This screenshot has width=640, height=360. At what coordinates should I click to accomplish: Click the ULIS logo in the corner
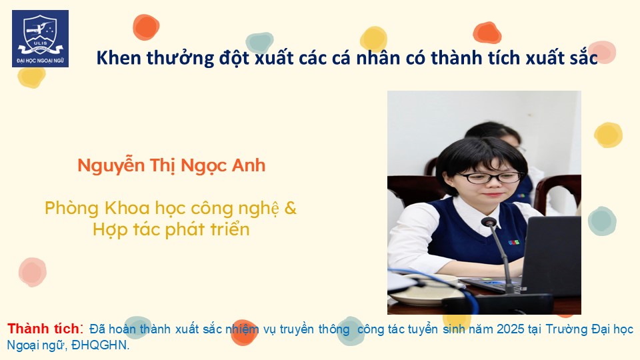coord(41,39)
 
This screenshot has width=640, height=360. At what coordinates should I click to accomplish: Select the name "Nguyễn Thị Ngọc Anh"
coord(171,166)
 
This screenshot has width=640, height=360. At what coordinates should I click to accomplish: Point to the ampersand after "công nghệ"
coord(290,208)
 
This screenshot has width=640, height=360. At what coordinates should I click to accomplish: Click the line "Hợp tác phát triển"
coord(171,230)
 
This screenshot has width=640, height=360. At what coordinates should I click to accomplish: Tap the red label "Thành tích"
coord(44,329)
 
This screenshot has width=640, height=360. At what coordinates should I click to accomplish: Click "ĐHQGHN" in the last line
coord(100,345)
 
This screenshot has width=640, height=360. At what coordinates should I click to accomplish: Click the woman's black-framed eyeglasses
coord(490,177)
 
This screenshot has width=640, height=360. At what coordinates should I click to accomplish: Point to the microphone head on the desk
coord(489,223)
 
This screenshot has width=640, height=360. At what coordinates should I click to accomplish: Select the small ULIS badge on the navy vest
coord(514,243)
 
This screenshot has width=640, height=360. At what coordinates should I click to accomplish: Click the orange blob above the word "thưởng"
coord(146,27)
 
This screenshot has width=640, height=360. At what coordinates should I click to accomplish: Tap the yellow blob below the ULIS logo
coord(31,77)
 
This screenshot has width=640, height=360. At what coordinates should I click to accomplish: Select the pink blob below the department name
coord(32,272)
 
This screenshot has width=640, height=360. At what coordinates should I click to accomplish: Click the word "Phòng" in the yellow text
coord(72,209)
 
